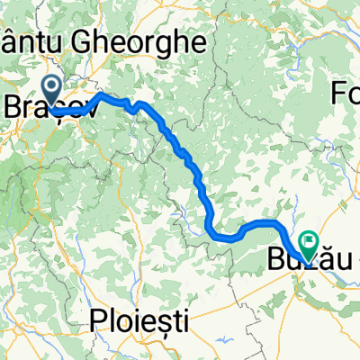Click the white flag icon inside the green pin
309,240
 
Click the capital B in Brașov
13,106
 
